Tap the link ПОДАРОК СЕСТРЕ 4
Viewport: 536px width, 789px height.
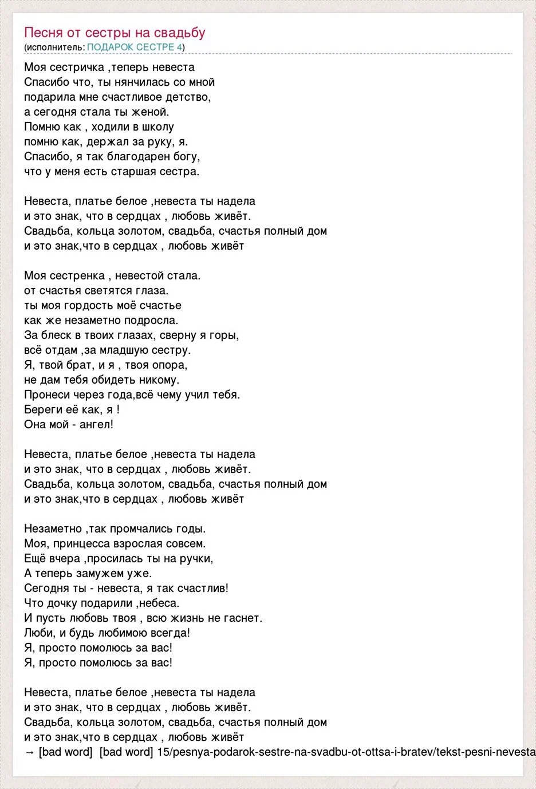point(135,47)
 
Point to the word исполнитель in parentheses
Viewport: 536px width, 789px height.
point(54,47)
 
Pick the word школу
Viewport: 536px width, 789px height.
point(156,127)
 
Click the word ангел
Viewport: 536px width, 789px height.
point(98,424)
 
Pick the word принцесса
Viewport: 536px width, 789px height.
point(81,543)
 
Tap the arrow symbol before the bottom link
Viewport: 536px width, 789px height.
point(30,752)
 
